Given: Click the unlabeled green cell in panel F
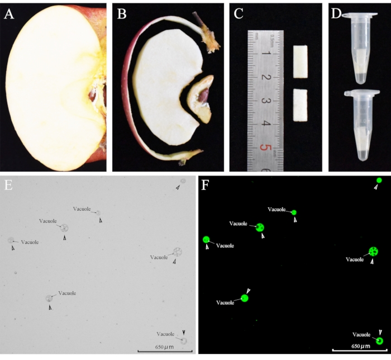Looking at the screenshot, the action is [379, 180].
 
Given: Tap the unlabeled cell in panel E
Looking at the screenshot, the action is [182, 181].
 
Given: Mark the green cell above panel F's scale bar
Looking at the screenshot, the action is [380, 340].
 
